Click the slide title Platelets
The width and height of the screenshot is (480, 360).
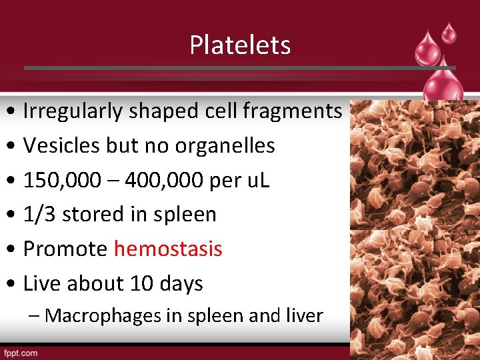(240, 45)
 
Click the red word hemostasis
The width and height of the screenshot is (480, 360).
(168, 249)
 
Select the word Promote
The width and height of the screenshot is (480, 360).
(65, 249)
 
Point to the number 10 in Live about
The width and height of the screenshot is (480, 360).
(141, 284)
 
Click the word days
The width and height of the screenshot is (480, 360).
(181, 285)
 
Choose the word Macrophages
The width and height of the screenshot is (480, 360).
(93, 315)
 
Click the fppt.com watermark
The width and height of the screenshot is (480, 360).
(21, 353)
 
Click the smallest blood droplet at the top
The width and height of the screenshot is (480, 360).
(449, 32)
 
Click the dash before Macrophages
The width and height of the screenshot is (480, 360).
(35, 315)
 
